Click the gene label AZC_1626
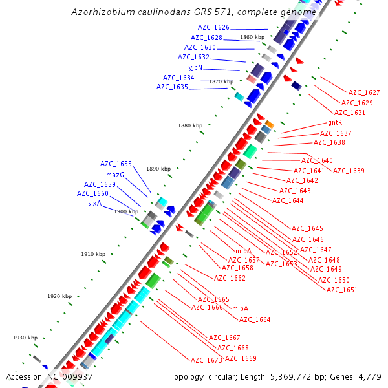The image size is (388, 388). coord(213,28)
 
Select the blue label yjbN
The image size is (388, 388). coord(195,67)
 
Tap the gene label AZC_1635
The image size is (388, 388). coord(172,87)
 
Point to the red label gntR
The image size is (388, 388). coord(335,122)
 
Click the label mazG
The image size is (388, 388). coord(115,175)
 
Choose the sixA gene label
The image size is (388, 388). coord(95,203)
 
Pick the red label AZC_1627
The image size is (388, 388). coord(364,93)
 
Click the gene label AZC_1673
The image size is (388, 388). coord(206,360)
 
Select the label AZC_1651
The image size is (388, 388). coord(341,290)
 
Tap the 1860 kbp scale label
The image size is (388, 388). coord(252,37)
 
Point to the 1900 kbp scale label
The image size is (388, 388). coord(126,211)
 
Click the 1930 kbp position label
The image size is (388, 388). coord(25,338)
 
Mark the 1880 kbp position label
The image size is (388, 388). coord(190,125)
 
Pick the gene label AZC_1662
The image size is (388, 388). coord(230,278)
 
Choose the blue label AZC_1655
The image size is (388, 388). coord(116,164)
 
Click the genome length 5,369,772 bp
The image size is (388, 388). coord(287,376)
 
